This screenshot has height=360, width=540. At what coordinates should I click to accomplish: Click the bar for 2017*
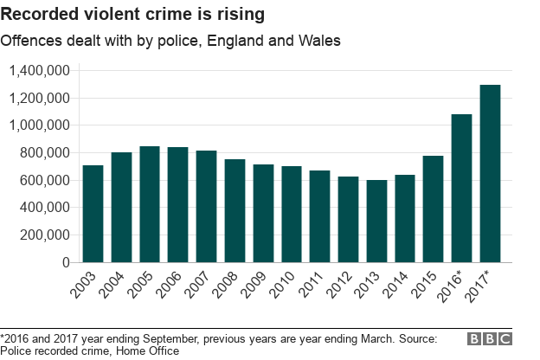[x=490, y=173]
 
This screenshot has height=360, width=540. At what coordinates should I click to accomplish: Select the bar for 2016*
[x=461, y=188]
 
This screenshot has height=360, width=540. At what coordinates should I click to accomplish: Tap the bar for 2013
[x=376, y=221]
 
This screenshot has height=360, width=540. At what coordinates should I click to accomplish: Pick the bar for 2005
[x=150, y=204]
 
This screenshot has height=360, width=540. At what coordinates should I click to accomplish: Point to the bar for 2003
[x=93, y=214]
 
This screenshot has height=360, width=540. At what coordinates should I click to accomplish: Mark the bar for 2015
[x=434, y=209]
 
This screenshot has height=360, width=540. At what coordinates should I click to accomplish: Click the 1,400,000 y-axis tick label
[x=39, y=71]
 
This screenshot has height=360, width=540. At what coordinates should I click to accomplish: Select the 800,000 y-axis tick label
[x=45, y=153]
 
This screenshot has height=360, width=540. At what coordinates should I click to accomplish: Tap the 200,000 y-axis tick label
[x=45, y=235]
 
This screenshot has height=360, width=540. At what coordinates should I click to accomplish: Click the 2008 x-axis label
[x=229, y=286]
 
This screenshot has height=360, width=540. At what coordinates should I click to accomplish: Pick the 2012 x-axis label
[x=343, y=286]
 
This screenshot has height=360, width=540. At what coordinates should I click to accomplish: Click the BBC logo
[x=490, y=340]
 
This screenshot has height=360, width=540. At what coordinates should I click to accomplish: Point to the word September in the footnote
[x=153, y=338]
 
